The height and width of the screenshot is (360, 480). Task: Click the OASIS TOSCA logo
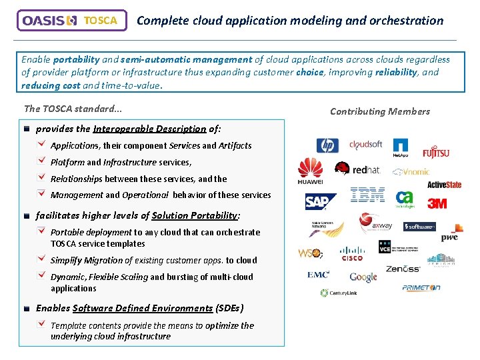tap(71, 21)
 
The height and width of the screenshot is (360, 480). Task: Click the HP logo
tap(327, 146)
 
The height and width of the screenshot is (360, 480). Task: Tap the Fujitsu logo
tap(436, 152)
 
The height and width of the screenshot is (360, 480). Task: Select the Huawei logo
tap(310, 171)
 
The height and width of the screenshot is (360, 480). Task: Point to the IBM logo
tap(367, 195)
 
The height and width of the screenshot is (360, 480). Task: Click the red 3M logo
tap(437, 203)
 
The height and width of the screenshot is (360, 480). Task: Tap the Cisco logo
tap(351, 254)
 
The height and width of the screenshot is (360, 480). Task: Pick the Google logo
tap(363, 276)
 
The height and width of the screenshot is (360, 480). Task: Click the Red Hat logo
tap(358, 170)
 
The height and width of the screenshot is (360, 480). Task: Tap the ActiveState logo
tap(444, 185)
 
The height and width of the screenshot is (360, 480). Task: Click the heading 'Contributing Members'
tap(380, 111)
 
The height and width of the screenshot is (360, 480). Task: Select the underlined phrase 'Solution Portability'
tap(194, 215)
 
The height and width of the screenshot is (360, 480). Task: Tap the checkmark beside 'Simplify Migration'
tap(42, 259)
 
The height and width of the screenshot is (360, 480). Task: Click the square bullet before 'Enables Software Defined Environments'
tap(26, 309)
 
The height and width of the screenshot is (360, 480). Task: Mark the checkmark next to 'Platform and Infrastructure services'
tap(42, 161)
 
